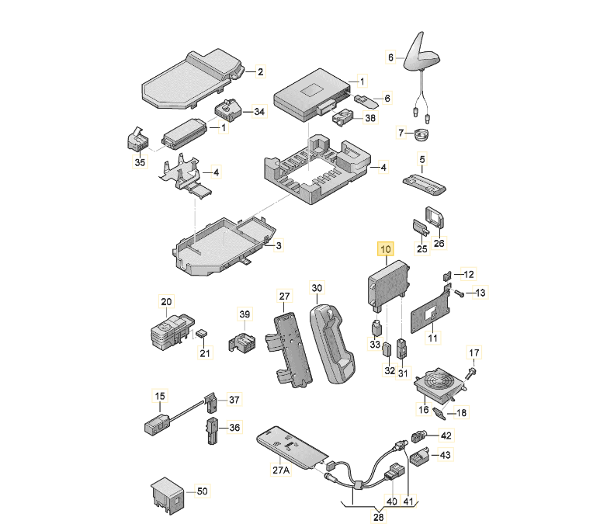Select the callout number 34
click(x=259, y=112)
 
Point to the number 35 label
click(x=140, y=162)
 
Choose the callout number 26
click(x=439, y=243)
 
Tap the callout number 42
click(x=446, y=436)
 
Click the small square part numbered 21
click(x=202, y=333)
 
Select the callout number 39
click(x=245, y=314)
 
